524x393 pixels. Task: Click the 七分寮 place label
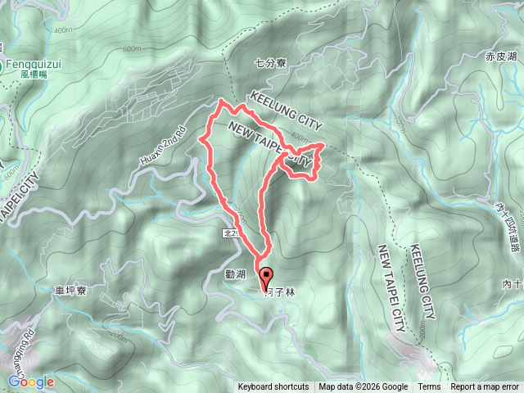click(269, 61)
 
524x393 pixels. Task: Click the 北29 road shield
click(231, 233)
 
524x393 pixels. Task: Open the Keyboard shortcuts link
click(273, 387)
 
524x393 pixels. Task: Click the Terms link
click(428, 387)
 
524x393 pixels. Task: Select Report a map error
click(486, 387)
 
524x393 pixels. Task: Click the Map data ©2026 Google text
click(364, 387)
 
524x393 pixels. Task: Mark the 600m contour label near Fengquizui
click(133, 49)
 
